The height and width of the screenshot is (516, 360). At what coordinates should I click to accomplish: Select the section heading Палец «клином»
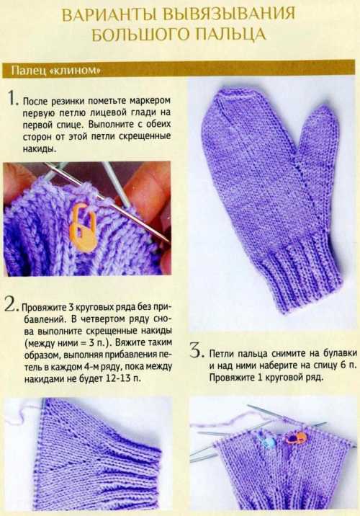click(x=55, y=71)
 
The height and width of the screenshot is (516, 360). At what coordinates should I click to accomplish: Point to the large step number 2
click(x=12, y=304)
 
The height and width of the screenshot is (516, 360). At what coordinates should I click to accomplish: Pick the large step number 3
click(x=196, y=350)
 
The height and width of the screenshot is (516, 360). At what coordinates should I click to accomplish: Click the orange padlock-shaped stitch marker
click(x=82, y=228)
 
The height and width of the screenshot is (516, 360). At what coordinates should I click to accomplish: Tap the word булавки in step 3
click(x=341, y=353)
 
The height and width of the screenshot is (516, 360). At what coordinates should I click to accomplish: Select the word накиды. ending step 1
click(x=40, y=148)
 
